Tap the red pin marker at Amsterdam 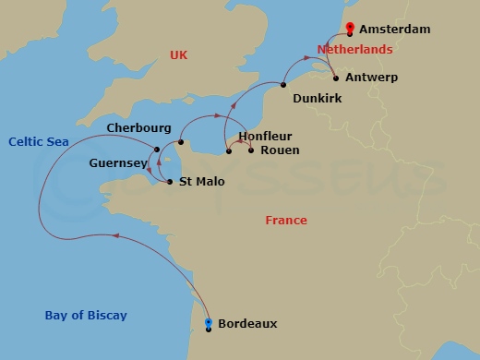[350, 28]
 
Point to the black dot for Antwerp [335, 78]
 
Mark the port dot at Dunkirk [283, 86]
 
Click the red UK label [179, 55]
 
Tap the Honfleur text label [265, 136]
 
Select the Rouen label [280, 150]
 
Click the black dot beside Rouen [251, 150]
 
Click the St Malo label [200, 182]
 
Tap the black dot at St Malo [171, 182]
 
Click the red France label [286, 221]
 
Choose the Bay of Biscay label [86, 316]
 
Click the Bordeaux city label [247, 324]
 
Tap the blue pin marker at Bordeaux [209, 323]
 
